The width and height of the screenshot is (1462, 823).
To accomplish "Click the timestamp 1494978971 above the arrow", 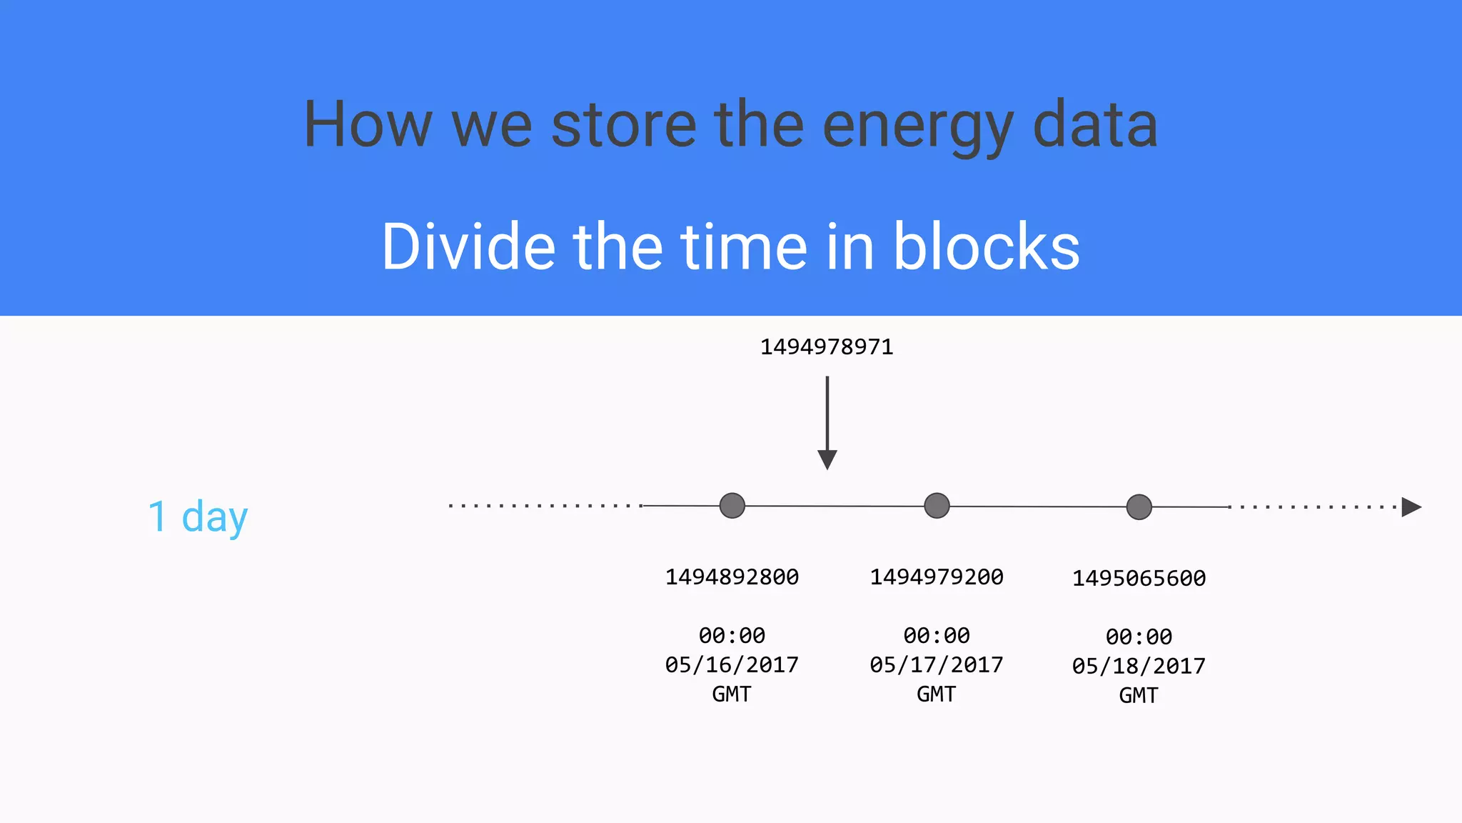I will [x=826, y=347].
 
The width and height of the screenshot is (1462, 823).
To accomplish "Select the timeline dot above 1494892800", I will [x=732, y=506].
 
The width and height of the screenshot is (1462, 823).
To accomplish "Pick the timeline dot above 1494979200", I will [x=937, y=506].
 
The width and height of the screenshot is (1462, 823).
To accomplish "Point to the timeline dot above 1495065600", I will [x=1139, y=507].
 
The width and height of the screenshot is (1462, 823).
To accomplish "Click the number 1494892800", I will [x=732, y=577].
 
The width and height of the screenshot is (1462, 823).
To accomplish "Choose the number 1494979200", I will [x=937, y=577].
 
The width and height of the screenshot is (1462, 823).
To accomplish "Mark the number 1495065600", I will [x=1139, y=579].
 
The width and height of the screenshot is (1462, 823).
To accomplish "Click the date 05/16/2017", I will [x=732, y=665].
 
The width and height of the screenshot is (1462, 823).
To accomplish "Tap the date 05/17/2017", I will [x=937, y=665].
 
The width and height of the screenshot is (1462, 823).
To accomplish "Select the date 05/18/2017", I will [x=1139, y=667].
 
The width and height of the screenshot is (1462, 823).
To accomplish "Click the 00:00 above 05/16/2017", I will [x=732, y=636].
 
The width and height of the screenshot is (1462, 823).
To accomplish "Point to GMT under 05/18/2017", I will [x=1139, y=696].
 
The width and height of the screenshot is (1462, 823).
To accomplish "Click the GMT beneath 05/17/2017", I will [x=937, y=694].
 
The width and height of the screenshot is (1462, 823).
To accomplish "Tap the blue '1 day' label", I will [x=198, y=517].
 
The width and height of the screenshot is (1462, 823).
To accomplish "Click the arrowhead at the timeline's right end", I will [x=1411, y=507].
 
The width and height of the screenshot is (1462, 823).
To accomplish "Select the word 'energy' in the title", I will [x=917, y=126].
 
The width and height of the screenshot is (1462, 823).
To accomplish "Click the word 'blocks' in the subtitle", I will [x=987, y=247].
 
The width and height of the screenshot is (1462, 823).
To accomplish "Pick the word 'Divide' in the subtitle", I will [x=468, y=247].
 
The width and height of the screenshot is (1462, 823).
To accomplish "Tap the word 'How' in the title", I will [x=368, y=126].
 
